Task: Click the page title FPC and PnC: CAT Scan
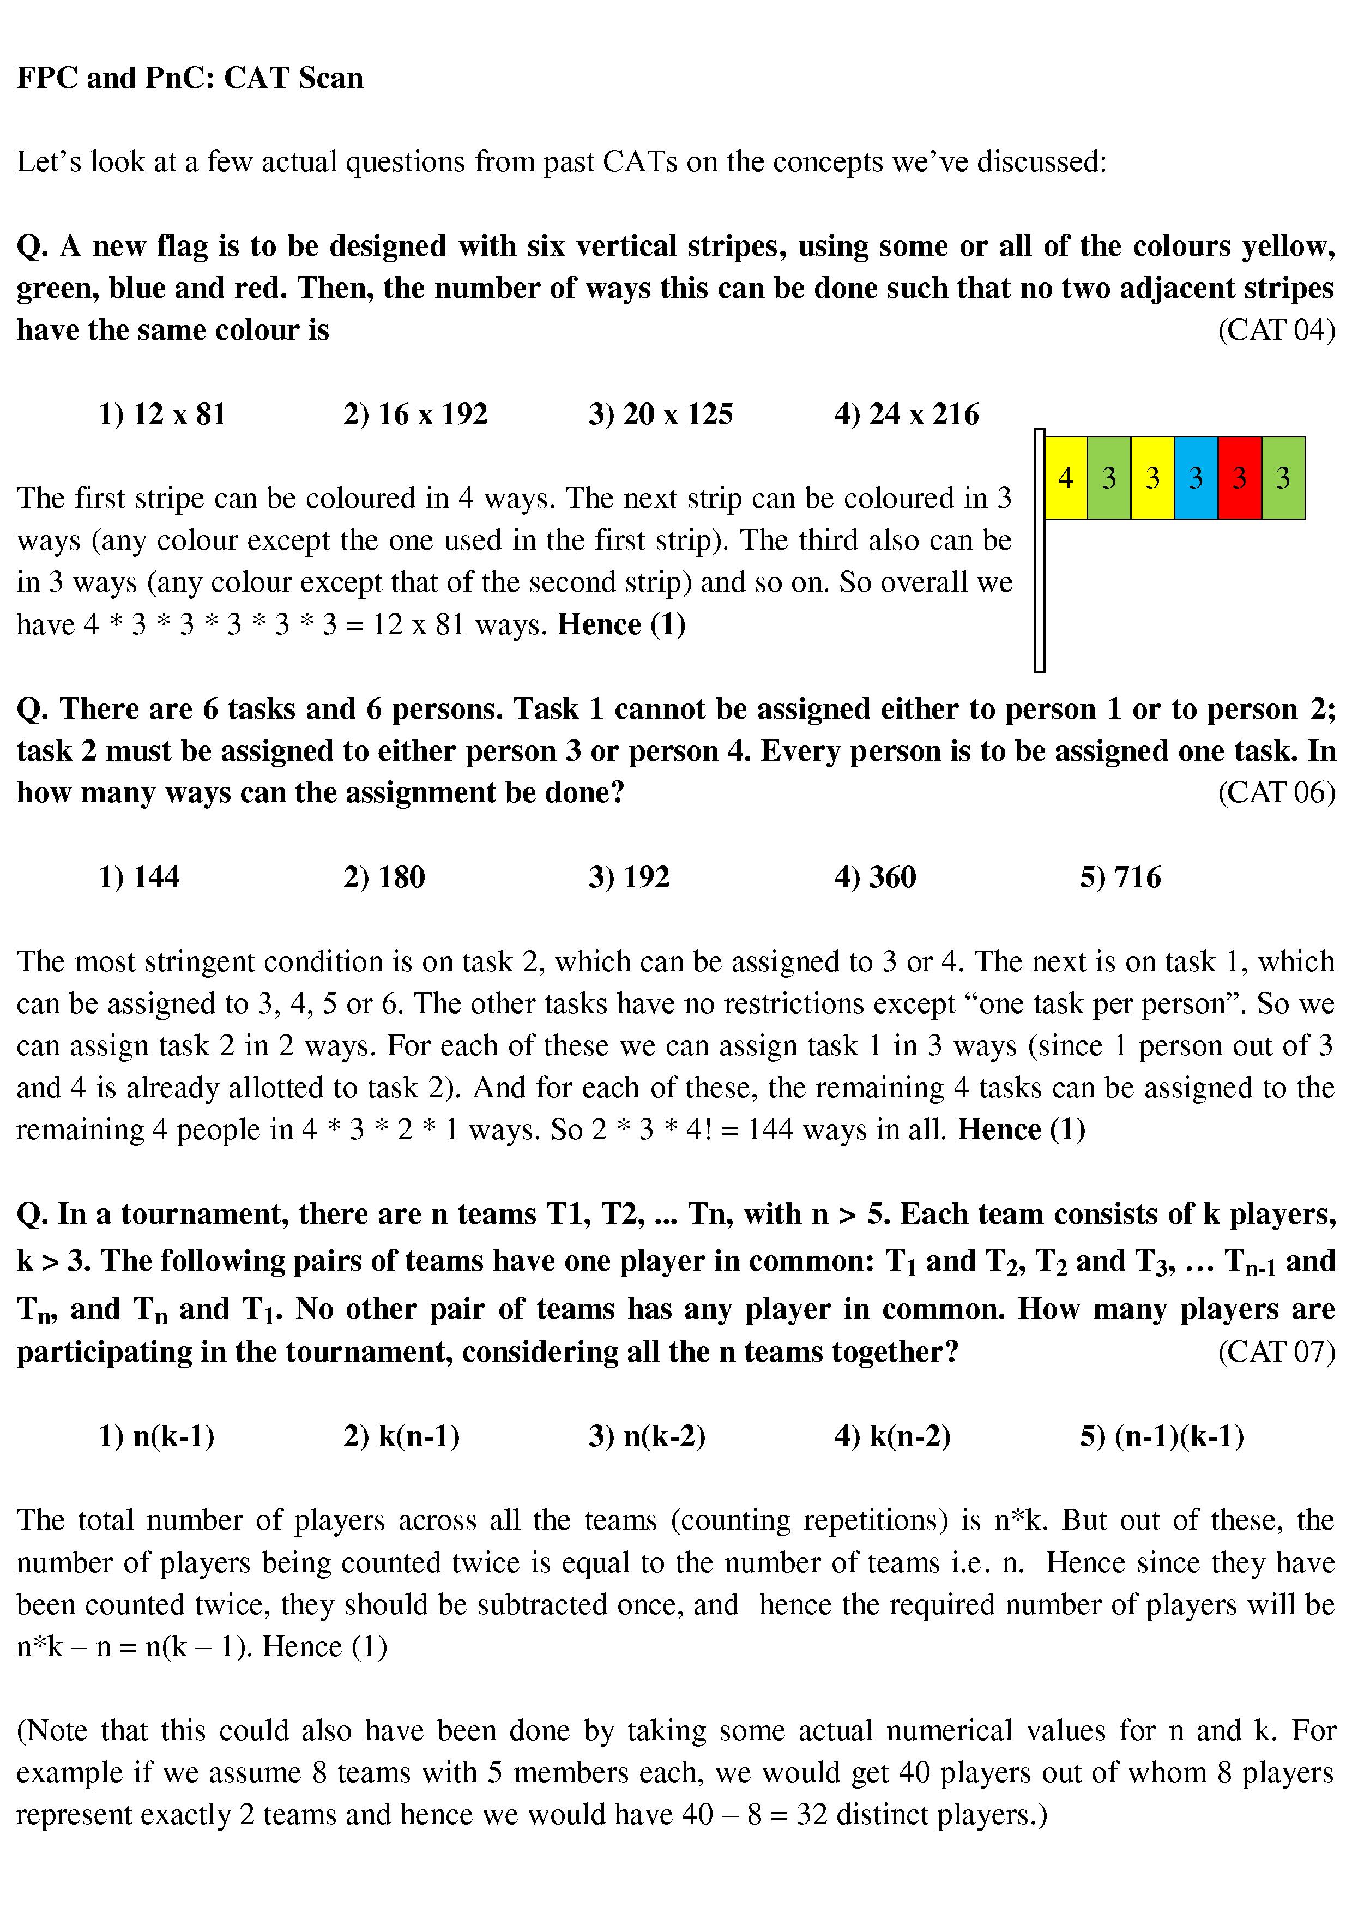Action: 190,77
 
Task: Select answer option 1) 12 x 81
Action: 162,414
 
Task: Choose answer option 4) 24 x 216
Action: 907,414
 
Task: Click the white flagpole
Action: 1039,583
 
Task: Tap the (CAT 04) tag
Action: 1276,330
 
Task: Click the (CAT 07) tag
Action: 1276,1351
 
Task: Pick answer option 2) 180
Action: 384,876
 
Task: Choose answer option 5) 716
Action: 1120,876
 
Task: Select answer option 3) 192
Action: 629,876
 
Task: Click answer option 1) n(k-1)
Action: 156,1436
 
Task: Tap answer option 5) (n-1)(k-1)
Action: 1162,1436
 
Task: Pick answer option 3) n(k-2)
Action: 647,1436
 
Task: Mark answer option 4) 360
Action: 874,876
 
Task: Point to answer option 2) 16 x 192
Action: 415,414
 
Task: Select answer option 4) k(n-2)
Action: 892,1436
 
